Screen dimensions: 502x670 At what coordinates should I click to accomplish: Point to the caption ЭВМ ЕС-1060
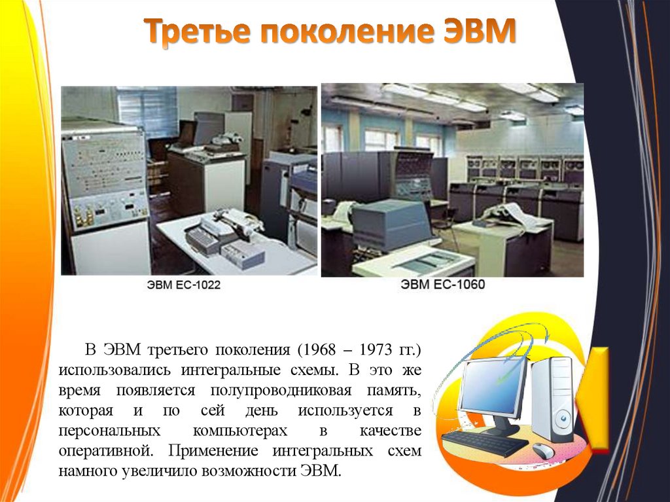pyautogui.click(x=443, y=285)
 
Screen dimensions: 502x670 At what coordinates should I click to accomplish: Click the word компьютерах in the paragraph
pyautogui.click(x=240, y=431)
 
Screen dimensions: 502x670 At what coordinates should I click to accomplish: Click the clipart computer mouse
pyautogui.click(x=543, y=450)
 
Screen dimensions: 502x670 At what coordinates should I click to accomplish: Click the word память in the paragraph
pyautogui.click(x=393, y=390)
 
